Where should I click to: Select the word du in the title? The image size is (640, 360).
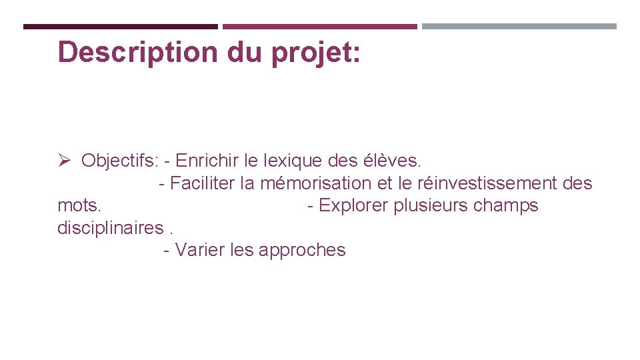246,52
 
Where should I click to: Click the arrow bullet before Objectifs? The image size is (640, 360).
64,161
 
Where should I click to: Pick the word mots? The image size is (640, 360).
79,205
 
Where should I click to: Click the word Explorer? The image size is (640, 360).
354,205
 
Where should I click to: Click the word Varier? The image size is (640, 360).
199,250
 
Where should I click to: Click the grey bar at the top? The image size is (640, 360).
519,27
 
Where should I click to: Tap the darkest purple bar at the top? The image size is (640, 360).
121,27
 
